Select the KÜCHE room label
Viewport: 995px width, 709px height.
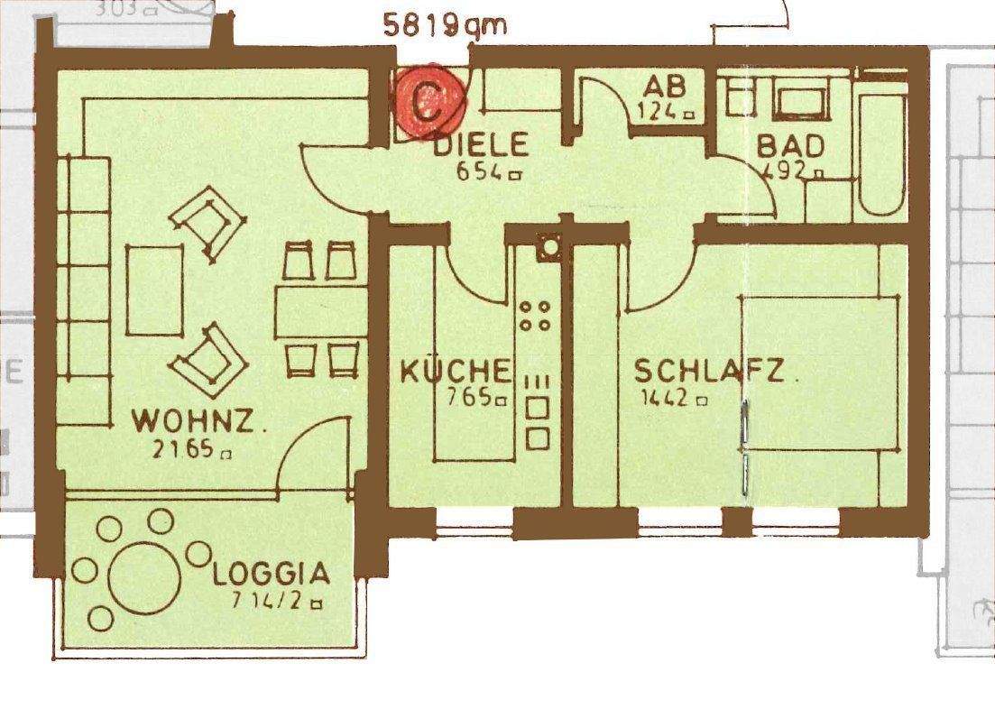[x=456, y=371]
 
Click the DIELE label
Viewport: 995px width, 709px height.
[x=481, y=144]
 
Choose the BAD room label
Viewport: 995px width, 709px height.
[x=790, y=145]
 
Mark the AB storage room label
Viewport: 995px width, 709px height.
[x=665, y=87]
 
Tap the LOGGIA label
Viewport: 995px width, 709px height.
[x=271, y=573]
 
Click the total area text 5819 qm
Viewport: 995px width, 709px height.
[x=445, y=24]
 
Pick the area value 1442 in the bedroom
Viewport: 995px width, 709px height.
[x=672, y=398]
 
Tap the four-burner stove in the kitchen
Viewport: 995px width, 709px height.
[x=535, y=316]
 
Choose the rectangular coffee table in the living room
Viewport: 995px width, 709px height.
[x=155, y=290]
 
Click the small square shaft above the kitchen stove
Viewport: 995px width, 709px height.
[x=548, y=246]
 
